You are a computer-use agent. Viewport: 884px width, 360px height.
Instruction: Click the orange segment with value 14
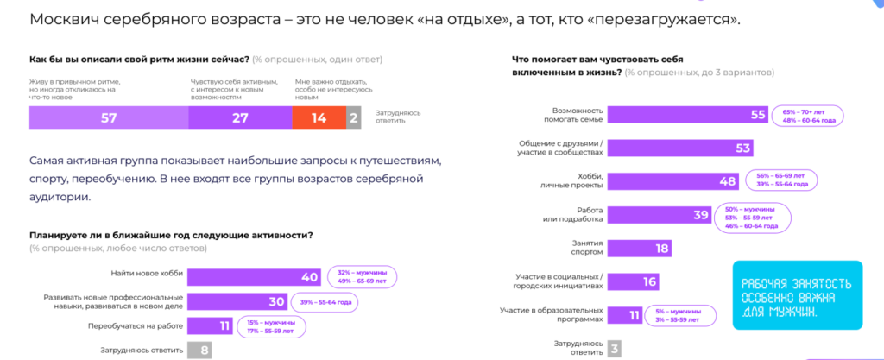[319, 119]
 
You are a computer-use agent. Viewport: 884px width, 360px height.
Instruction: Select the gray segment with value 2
[353, 119]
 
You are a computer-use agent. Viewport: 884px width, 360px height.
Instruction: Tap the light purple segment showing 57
[108, 119]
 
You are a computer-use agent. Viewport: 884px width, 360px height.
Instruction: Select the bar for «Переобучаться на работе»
[206, 326]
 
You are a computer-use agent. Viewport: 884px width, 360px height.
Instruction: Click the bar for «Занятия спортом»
[640, 249]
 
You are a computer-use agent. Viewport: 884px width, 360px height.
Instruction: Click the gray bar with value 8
[199, 351]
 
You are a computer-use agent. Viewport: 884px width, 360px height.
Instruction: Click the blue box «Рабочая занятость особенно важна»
[795, 295]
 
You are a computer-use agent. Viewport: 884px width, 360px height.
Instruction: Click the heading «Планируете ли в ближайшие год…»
[170, 235]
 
